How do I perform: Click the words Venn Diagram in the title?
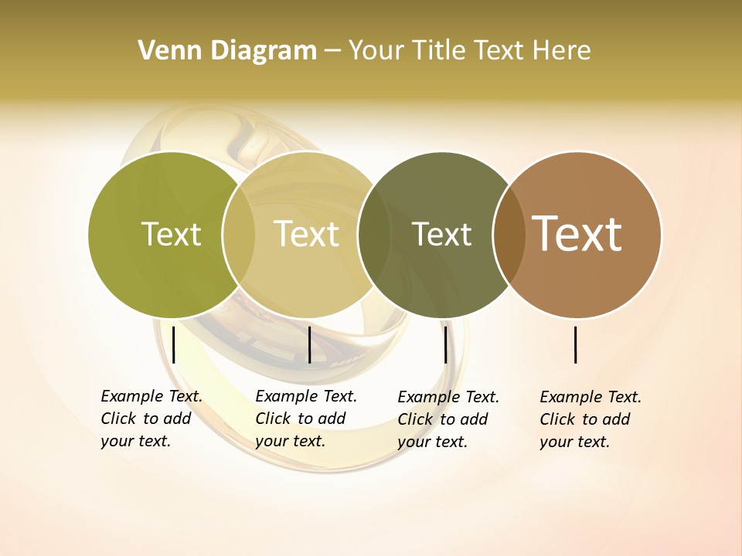click(227, 51)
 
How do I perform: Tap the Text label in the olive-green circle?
click(172, 234)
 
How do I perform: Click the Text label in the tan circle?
click(307, 234)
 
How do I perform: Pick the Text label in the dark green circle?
click(441, 234)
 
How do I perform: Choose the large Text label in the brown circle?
click(577, 234)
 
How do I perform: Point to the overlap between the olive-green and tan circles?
click(239, 235)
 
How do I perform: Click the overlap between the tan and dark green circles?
click(374, 235)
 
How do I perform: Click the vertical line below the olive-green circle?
click(174, 344)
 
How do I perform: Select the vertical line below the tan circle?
click(309, 344)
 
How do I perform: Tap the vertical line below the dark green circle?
click(445, 344)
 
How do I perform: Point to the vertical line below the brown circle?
click(576, 344)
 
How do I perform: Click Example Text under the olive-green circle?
click(151, 396)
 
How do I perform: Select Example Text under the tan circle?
click(306, 396)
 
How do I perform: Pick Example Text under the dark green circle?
click(448, 397)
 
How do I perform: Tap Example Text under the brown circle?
click(591, 397)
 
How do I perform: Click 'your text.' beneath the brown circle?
click(574, 442)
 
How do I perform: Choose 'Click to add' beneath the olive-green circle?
click(145, 419)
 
